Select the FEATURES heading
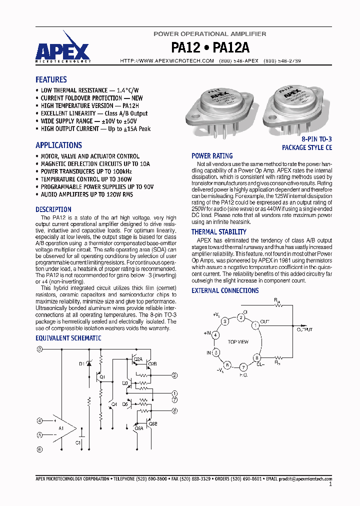[51, 79]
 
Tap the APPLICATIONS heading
[58, 145]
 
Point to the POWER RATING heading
[212, 156]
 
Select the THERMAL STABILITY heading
[218, 232]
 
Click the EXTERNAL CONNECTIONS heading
[225, 290]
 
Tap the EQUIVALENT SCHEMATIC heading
[68, 338]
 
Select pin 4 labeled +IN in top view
[215, 335]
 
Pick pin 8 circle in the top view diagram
[257, 358]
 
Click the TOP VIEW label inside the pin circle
[238, 342]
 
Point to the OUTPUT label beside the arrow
[304, 329]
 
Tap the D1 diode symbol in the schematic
[89, 363]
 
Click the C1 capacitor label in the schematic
[78, 442]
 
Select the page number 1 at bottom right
[330, 484]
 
